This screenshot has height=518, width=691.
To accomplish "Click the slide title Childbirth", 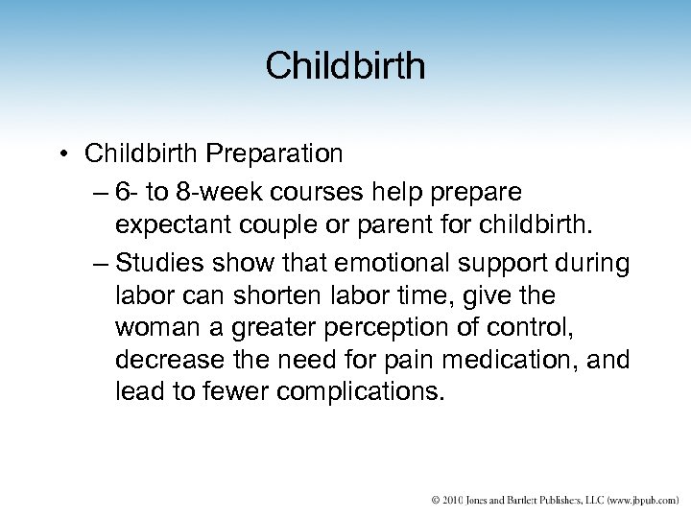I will (345, 65).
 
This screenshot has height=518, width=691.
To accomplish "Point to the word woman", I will (154, 327).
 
